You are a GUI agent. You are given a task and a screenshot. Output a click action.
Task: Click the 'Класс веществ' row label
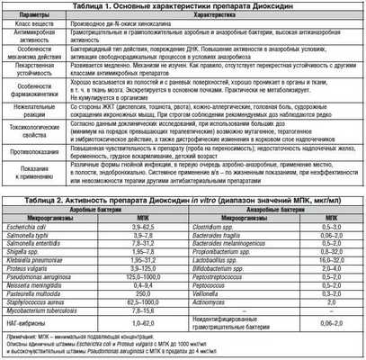point(40,28)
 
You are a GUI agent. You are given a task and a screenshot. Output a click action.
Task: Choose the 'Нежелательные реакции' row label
point(40,120)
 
